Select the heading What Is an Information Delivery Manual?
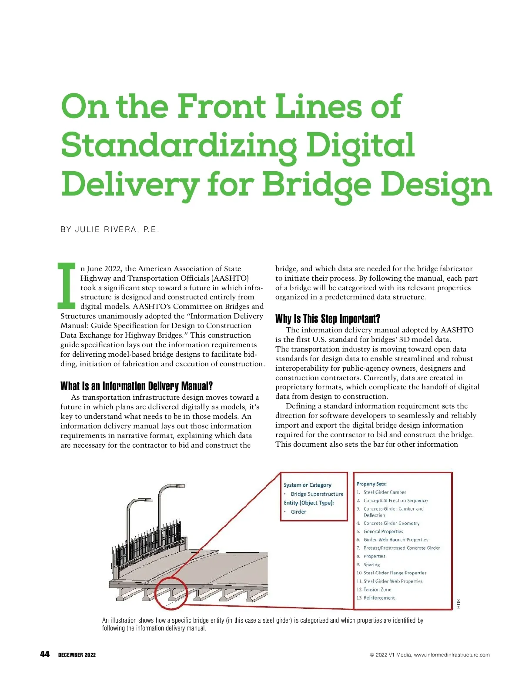click(x=137, y=386)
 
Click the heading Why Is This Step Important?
click(x=328, y=319)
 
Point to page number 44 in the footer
click(x=45, y=654)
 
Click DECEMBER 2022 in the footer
click(x=77, y=655)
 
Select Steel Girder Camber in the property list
click(x=385, y=492)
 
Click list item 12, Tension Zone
click(x=377, y=590)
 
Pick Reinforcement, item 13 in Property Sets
click(x=379, y=598)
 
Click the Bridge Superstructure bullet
click(x=317, y=494)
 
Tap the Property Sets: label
click(x=371, y=484)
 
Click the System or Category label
click(x=308, y=485)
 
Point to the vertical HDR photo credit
click(x=458, y=604)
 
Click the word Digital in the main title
click(x=361, y=146)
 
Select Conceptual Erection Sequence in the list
click(x=395, y=501)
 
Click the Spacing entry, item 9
click(x=371, y=565)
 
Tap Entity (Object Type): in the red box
click(x=309, y=503)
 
